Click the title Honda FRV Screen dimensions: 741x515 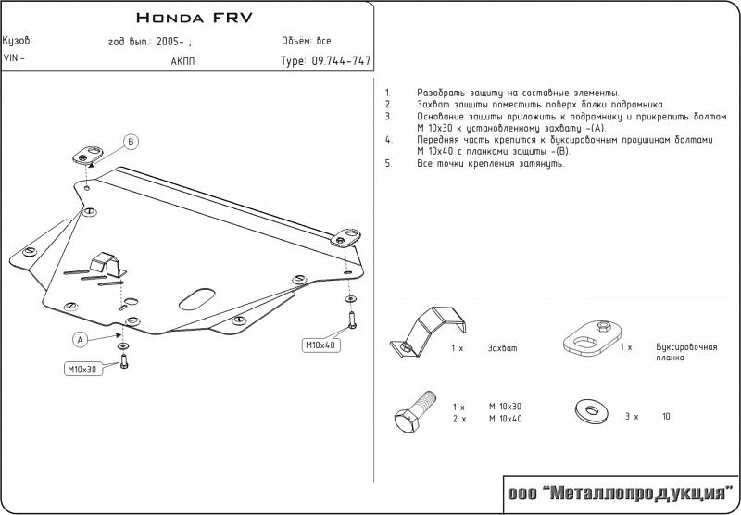pos(195,18)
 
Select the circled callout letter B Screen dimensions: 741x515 pos(132,142)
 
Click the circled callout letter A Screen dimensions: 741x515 pos(81,339)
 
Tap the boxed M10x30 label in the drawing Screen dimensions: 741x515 pos(82,369)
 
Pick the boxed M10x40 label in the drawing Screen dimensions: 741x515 pos(320,345)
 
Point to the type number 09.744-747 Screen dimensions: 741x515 pos(340,61)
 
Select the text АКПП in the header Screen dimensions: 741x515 pos(182,61)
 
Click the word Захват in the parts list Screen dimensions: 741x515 pos(502,348)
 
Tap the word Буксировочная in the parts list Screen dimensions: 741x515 pos(686,347)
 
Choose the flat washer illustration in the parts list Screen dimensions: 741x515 pos(591,412)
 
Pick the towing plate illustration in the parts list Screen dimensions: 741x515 pos(592,338)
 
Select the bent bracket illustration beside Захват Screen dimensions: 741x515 pos(428,332)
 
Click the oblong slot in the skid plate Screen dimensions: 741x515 pos(197,299)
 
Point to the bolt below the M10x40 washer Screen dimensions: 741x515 pos(352,320)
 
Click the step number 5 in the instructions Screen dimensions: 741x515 pos(388,164)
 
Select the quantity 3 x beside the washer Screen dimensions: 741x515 pos(632,417)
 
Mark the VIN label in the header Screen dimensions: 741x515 pos(14,58)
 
